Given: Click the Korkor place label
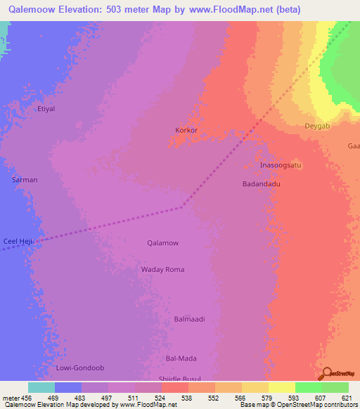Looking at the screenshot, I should click(186, 131).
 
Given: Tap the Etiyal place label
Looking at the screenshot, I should click(46, 110).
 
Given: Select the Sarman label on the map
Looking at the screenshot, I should click(25, 180).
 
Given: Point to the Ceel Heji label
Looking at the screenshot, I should click(17, 241).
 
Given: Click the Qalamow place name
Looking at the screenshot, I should click(162, 243).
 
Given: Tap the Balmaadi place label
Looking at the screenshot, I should click(189, 319).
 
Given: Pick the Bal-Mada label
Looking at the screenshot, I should click(181, 358).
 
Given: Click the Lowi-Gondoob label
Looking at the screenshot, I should click(79, 368).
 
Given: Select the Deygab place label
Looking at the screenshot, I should click(316, 126).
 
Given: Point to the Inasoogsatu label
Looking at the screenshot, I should click(281, 165).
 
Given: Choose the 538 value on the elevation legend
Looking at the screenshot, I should click(188, 398).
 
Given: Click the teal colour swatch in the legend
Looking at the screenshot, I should click(41, 387).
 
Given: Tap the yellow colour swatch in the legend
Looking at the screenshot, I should click(282, 387).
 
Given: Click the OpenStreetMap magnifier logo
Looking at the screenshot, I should click(326, 373).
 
